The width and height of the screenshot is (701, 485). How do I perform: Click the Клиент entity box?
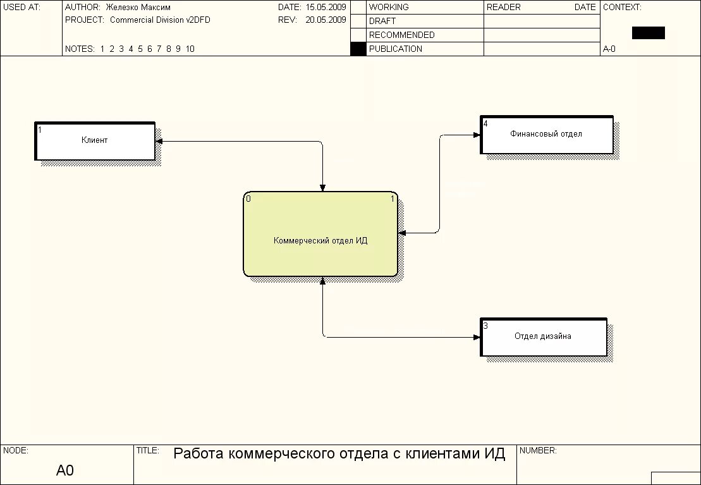[94, 141]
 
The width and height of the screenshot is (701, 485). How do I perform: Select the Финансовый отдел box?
[546, 135]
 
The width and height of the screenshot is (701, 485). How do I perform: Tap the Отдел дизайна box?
[543, 337]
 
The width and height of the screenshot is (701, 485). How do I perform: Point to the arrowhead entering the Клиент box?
[159, 141]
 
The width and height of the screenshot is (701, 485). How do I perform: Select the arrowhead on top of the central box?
[322, 187]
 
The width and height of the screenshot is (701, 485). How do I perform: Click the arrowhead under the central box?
[322, 281]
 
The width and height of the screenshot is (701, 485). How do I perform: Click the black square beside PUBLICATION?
[358, 49]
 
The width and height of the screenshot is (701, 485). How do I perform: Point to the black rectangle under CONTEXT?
[648, 33]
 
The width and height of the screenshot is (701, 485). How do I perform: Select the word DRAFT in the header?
[382, 21]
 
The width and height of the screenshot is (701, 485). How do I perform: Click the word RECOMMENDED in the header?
[401, 35]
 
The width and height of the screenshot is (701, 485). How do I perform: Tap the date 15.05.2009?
[326, 7]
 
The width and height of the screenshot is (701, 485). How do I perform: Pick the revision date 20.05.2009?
[326, 20]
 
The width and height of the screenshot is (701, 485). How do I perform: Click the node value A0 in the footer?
[65, 470]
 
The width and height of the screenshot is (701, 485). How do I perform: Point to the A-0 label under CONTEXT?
[609, 49]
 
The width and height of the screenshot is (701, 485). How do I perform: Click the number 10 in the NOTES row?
[190, 49]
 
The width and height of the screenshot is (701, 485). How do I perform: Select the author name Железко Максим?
[138, 7]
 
